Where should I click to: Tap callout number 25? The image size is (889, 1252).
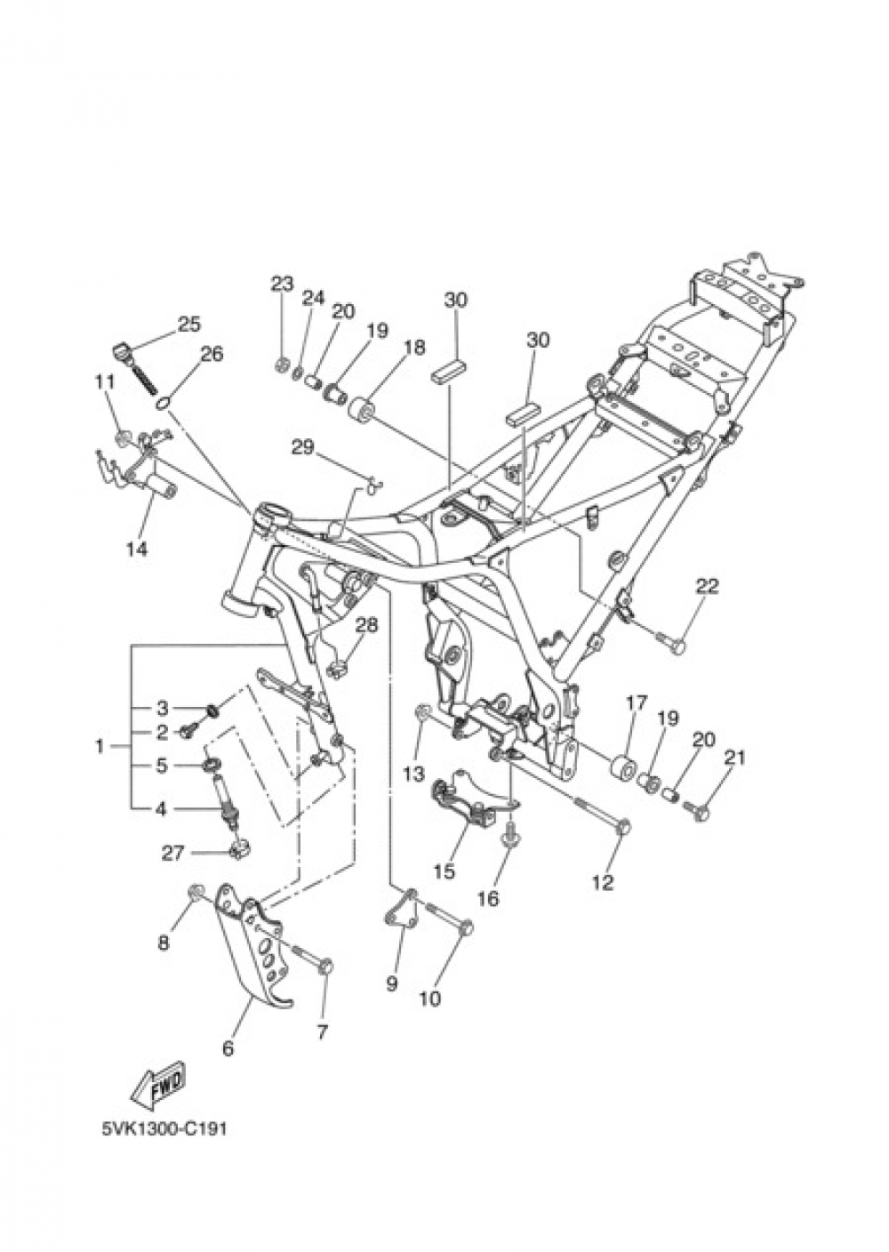pos(188,324)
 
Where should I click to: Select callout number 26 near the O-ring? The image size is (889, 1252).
pos(211,355)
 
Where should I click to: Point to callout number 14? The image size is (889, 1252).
pos(136,549)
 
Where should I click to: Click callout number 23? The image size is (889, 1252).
pos(282,285)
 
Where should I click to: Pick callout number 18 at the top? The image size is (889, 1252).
pos(414,347)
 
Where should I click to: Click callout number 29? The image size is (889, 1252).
pos(303,447)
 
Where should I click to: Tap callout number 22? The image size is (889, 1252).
pos(707,586)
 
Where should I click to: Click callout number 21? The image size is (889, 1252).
pos(734,758)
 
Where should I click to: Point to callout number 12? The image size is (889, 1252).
pos(603,882)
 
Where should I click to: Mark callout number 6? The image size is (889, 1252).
pos(228,1049)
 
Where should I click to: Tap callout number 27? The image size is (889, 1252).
pos(172,853)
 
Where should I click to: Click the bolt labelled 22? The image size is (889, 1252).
pos(672,640)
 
